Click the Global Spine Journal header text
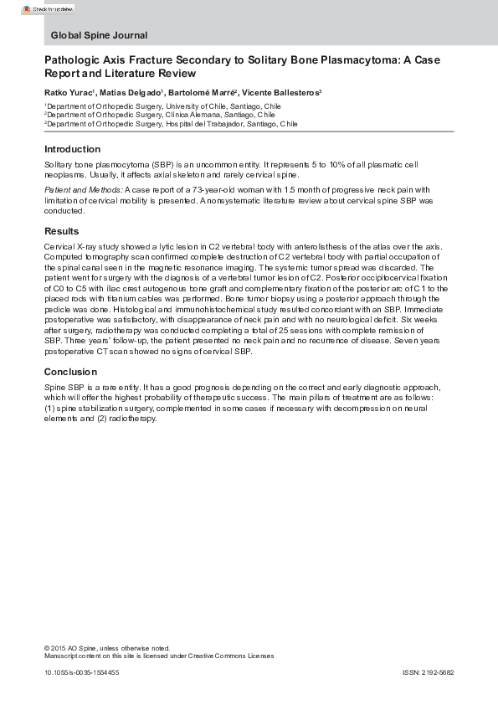tap(99, 35)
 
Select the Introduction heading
tap(71, 149)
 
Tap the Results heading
tap(62, 231)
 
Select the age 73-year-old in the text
tap(224, 190)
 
